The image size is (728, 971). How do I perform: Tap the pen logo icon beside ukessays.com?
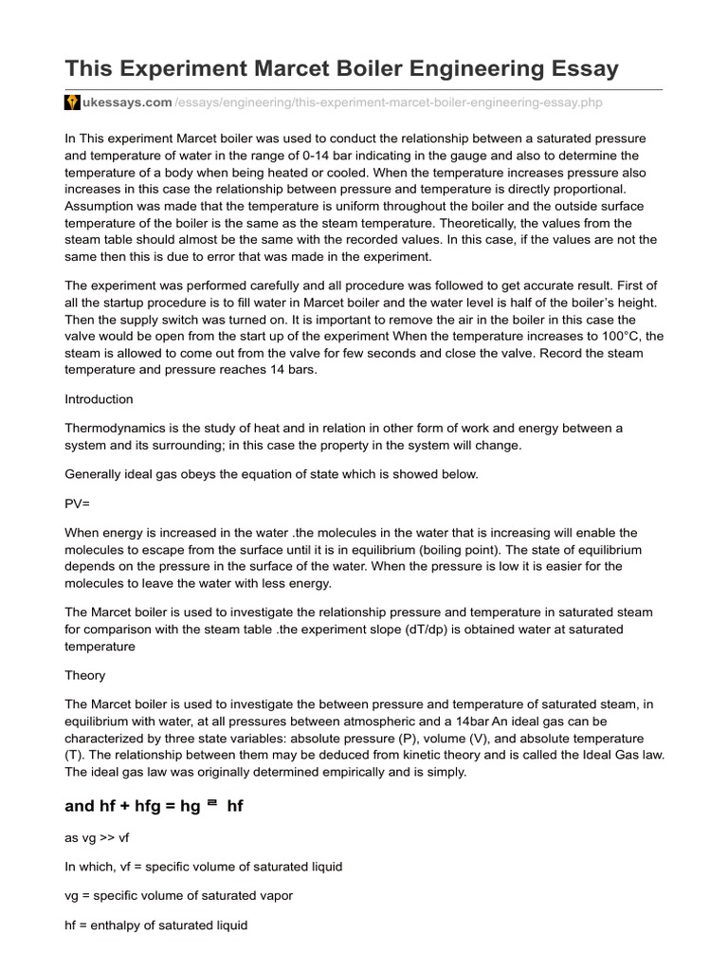(x=72, y=102)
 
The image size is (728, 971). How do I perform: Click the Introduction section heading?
(x=99, y=398)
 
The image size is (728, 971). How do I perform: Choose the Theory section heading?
(x=84, y=675)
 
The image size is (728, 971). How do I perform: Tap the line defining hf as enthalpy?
(x=155, y=924)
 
